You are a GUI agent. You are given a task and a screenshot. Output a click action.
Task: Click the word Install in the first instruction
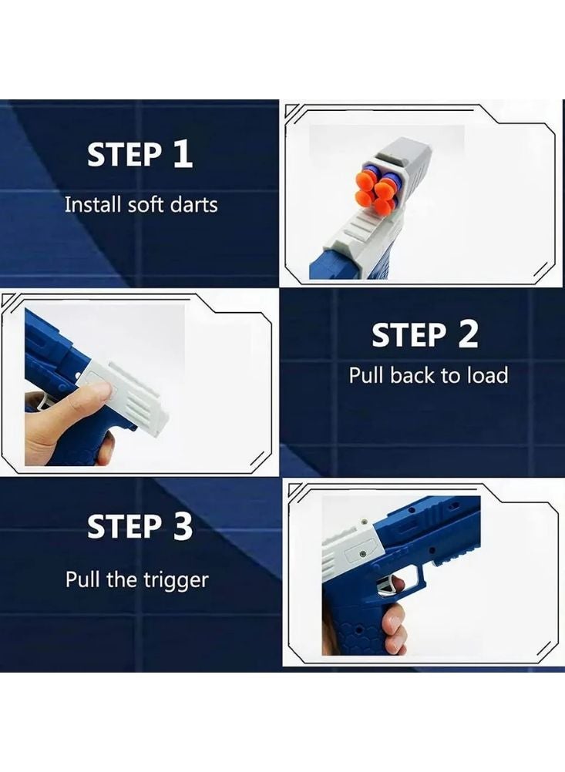(93, 204)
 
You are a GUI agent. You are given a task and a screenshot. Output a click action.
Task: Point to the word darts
(193, 204)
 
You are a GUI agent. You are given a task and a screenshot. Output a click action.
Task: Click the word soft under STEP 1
(146, 204)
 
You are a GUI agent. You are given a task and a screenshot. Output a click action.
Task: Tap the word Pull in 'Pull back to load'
(366, 375)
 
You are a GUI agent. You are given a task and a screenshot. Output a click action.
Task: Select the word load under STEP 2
(487, 375)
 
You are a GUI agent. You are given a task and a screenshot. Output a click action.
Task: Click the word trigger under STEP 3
(177, 581)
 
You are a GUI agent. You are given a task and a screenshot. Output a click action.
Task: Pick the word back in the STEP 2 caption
(412, 375)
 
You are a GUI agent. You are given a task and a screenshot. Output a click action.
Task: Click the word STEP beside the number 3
(124, 526)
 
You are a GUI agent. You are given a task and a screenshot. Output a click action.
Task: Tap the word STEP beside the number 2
(409, 334)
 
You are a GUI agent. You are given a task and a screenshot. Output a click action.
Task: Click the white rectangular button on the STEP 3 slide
(360, 555)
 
